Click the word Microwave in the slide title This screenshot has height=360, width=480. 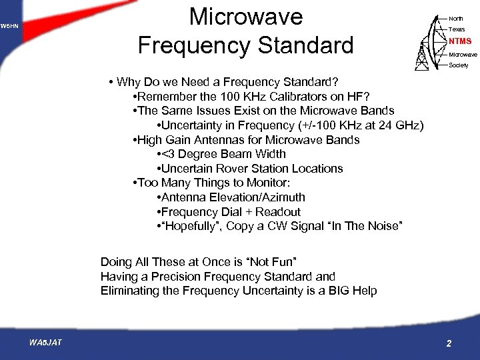tap(246, 17)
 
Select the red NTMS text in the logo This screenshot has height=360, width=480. tap(459, 41)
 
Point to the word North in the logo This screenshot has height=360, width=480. tap(456, 19)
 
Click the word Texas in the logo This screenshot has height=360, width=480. tap(457, 29)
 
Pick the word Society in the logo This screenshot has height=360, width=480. tap(459, 65)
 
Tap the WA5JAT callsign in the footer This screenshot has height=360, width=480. tap(46, 343)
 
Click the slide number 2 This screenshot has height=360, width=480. tap(449, 343)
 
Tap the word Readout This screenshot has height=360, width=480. tap(279, 212)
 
